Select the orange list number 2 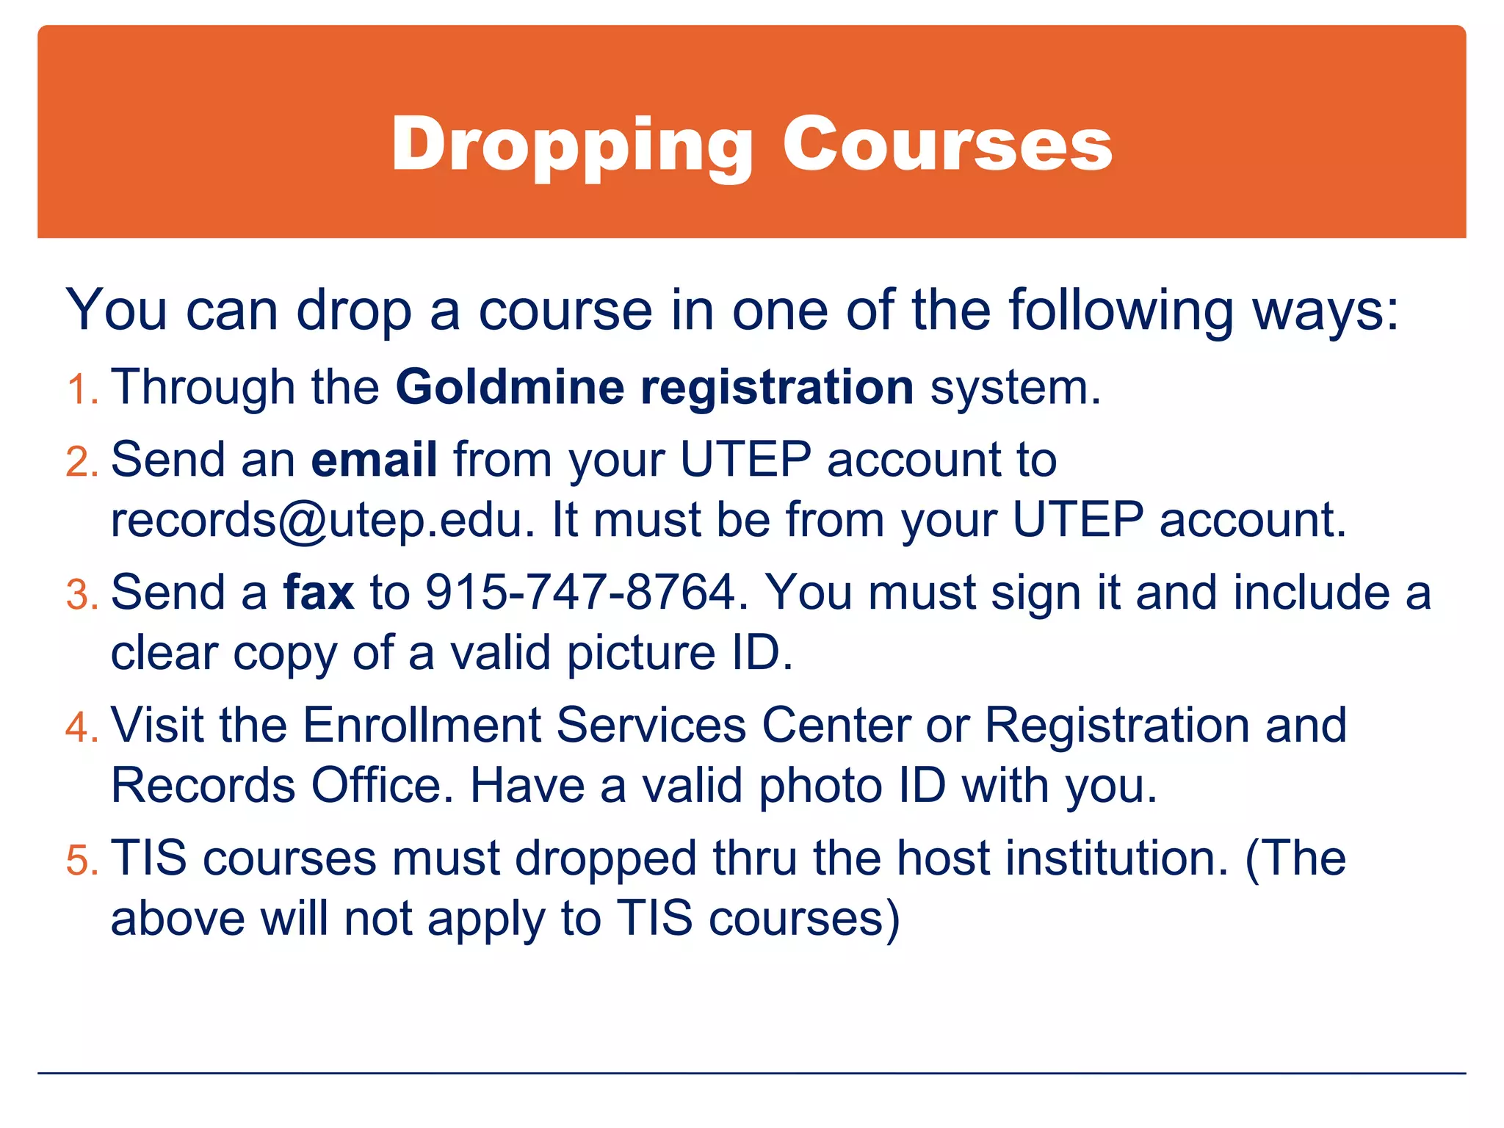(81, 462)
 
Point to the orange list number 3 (81, 594)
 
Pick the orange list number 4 (81, 727)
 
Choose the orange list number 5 (81, 860)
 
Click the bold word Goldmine (510, 387)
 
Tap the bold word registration (777, 388)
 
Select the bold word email (375, 460)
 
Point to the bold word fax (319, 592)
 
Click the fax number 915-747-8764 (581, 593)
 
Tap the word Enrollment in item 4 (422, 726)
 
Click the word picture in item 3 (640, 654)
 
